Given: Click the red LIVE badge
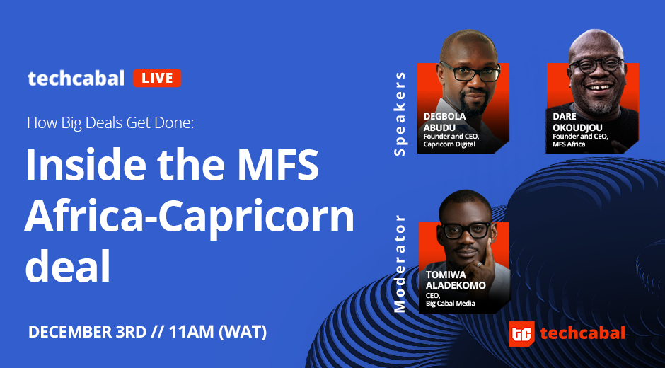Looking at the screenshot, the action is pos(157,78).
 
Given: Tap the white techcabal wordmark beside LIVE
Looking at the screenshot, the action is pos(76,79).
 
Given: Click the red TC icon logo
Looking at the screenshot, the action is pos(521,334).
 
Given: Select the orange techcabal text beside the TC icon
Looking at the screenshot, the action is pos(583,333).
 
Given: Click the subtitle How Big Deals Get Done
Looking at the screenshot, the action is pos(110,123).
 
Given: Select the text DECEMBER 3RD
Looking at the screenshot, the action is pos(87,333).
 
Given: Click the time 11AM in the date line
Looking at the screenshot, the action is pos(191,333).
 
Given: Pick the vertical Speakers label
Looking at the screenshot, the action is pos(400,114).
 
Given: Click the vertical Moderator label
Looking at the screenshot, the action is pos(400,263).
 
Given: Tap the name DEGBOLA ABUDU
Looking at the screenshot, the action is pos(445,122).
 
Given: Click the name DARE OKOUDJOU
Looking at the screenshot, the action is pos(577,122).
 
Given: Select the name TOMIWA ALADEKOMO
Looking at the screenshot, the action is pos(456,280).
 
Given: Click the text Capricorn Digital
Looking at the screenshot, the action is pos(449,144).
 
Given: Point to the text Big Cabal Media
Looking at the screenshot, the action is pos(451,304).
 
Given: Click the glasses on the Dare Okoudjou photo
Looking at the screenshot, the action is pos(596,65).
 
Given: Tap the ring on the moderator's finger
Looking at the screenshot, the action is pos(478,264).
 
